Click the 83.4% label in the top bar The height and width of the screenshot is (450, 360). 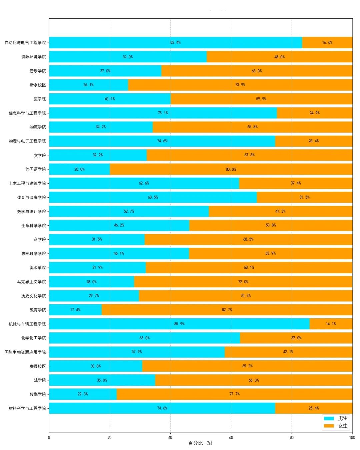pyautogui.click(x=175, y=43)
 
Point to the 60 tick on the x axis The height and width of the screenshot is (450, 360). pyautogui.click(x=231, y=438)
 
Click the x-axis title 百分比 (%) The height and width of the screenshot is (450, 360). pyautogui.click(x=200, y=443)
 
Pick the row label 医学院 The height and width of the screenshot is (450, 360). pyautogui.click(x=40, y=99)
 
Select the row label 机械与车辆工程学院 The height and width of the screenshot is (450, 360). pyautogui.click(x=27, y=324)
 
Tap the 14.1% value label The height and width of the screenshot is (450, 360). pyautogui.click(x=331, y=324)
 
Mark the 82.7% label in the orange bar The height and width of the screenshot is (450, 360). pyautogui.click(x=227, y=310)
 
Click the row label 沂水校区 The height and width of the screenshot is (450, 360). pyautogui.click(x=38, y=85)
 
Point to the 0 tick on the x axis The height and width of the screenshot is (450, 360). pyautogui.click(x=49, y=438)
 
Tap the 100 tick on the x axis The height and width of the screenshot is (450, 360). pyautogui.click(x=352, y=438)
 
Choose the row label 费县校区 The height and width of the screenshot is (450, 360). pyautogui.click(x=38, y=366)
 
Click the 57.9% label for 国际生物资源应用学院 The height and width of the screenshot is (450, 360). pyautogui.click(x=137, y=352)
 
